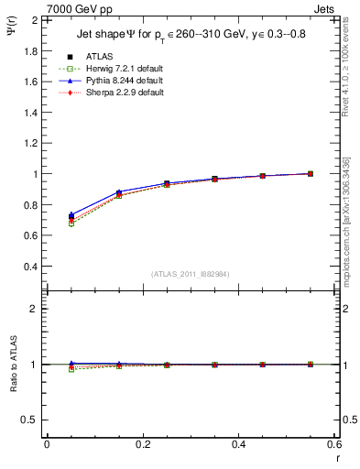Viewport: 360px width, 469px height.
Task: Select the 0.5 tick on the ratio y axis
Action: click(28, 420)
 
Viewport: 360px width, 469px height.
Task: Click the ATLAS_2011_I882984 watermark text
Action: click(191, 274)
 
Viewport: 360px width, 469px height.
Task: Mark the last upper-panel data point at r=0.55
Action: click(311, 173)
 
